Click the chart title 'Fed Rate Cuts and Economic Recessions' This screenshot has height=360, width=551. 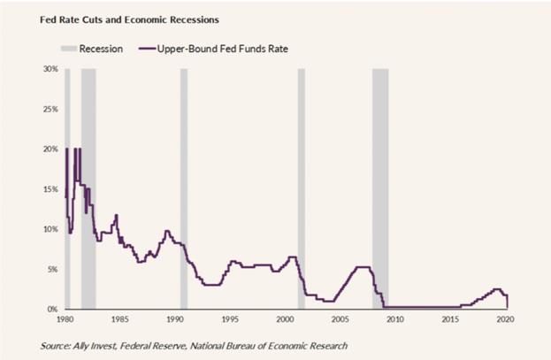tap(129, 19)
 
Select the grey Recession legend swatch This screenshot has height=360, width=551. tap(69, 49)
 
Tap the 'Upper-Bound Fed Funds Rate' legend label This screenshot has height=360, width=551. tap(223, 49)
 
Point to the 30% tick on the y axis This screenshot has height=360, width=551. tap(50, 69)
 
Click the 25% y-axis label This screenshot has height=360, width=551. tap(50, 110)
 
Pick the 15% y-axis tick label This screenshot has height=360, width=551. tap(50, 189)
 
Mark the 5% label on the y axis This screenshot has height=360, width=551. tap(52, 270)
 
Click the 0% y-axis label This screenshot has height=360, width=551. tap(52, 310)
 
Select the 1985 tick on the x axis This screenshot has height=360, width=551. tap(119, 319)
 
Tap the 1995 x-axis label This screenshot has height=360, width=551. tap(230, 319)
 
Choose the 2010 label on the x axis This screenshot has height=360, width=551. tap(395, 319)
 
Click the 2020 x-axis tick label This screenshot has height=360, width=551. tap(505, 319)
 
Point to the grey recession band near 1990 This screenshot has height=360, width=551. tap(184, 188)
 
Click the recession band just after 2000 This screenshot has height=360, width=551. tap(302, 188)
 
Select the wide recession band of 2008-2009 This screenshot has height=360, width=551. tap(380, 188)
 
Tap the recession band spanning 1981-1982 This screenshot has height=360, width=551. tap(88, 188)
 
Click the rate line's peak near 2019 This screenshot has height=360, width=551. tap(497, 289)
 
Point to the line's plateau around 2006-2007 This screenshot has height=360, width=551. tap(363, 267)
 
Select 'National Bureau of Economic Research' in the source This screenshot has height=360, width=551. tap(269, 346)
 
